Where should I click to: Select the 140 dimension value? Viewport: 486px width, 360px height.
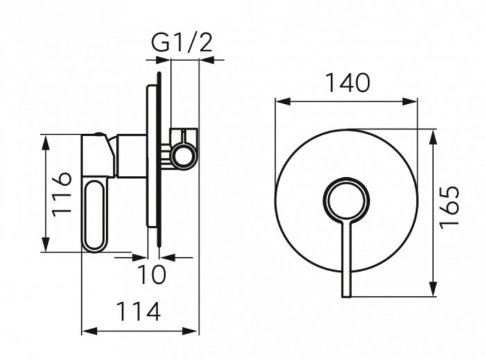point(348,83)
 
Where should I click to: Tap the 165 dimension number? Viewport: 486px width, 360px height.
point(449,207)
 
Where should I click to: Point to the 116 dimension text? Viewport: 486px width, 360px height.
point(62,194)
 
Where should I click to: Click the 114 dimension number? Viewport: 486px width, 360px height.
point(139,311)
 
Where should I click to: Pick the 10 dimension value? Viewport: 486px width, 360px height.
point(151,274)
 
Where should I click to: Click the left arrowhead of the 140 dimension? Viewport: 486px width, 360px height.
point(283,101)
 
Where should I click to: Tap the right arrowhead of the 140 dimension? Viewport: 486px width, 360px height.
point(410,101)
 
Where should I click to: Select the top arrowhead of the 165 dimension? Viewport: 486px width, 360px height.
point(433,137)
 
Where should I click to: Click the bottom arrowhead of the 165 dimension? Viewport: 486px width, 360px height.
point(433,289)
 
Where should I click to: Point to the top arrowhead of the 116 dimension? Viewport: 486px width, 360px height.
point(46,143)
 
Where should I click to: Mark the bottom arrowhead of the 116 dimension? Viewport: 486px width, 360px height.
point(46,244)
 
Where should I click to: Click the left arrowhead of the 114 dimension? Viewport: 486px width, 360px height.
point(90,331)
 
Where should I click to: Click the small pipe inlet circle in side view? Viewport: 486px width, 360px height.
point(185,155)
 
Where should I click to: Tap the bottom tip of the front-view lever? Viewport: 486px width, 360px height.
point(346,297)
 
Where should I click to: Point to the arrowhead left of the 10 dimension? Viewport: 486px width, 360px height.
point(139,257)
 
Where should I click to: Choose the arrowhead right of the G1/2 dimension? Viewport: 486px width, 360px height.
point(207,60)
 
